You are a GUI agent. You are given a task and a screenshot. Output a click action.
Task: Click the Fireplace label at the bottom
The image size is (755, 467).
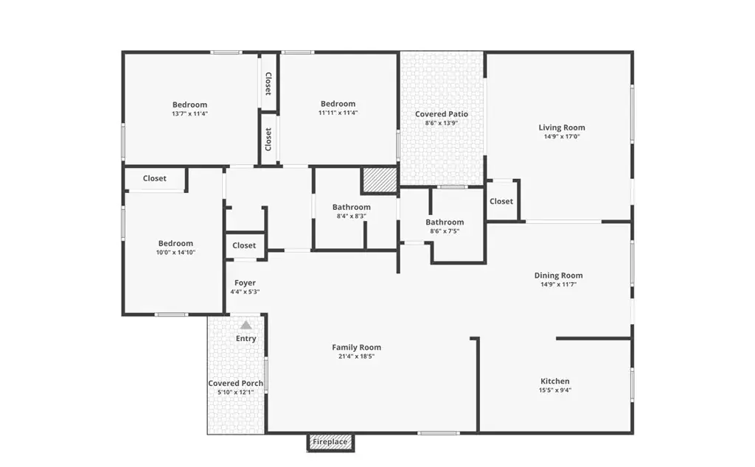[330, 441]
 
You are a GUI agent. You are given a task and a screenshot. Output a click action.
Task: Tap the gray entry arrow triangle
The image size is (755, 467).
[246, 325]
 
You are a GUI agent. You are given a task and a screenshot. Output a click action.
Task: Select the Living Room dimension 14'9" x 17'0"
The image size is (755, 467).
[562, 136]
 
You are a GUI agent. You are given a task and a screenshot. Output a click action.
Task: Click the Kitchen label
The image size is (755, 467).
[555, 381]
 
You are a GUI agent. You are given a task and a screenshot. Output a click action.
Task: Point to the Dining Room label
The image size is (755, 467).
[559, 275]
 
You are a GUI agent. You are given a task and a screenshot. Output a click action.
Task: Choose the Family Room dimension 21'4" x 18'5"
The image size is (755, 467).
[356, 357]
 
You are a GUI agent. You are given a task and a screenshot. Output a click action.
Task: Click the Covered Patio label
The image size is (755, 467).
[442, 114]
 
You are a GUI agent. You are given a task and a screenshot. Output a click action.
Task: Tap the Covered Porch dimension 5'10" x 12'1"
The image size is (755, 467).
[235, 392]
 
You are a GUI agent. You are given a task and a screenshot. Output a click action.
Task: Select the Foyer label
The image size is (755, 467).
[245, 283]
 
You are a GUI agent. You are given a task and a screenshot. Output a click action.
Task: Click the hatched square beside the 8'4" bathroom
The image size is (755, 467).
[380, 180]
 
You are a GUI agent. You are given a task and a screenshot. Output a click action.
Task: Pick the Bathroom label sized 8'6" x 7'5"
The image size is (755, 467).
[445, 222]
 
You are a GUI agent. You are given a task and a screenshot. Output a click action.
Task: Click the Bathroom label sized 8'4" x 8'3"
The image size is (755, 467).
[352, 207]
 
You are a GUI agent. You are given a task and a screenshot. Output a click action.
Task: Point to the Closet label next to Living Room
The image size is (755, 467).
[501, 201]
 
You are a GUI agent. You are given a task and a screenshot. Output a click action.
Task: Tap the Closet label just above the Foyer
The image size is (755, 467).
[244, 245]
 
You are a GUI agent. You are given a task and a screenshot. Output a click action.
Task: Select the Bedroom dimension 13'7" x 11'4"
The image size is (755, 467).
[189, 114]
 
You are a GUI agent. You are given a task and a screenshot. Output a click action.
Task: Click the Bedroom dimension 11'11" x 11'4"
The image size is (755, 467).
[338, 113]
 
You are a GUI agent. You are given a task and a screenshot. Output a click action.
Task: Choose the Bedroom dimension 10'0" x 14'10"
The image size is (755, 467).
[175, 253]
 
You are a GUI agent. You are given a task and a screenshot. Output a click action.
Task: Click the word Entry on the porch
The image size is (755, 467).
[246, 339]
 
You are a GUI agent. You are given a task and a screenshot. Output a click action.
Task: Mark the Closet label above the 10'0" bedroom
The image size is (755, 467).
[155, 178]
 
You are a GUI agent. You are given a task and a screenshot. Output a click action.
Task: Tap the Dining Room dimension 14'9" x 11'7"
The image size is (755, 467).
[559, 284]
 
